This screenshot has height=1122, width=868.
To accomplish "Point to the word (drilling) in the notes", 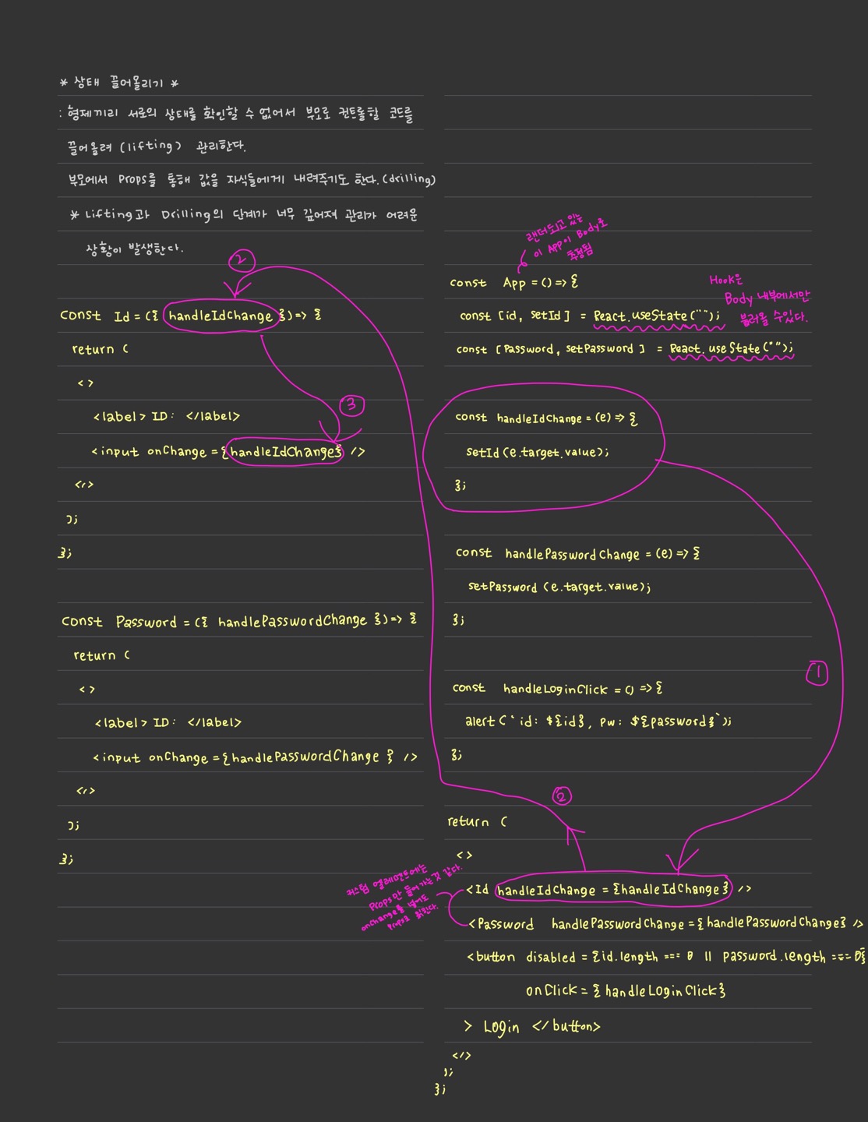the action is click(x=408, y=179).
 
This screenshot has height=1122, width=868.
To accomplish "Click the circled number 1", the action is click(x=817, y=673).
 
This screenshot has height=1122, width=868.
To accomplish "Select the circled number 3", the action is click(x=351, y=405).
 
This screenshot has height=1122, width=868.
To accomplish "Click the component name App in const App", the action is click(x=514, y=283).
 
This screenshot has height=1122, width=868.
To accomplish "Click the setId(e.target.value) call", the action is click(x=537, y=452).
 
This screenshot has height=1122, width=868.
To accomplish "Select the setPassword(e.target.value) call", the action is click(x=559, y=587).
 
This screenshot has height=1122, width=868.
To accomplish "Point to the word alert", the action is click(x=479, y=722).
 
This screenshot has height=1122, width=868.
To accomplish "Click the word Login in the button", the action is click(x=501, y=1027).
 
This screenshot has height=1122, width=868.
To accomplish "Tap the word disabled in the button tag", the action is click(x=550, y=957).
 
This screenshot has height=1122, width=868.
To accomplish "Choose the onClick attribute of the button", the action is click(x=551, y=990).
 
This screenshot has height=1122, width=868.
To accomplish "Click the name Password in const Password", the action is click(x=146, y=622).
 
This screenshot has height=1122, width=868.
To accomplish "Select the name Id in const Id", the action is click(x=122, y=316).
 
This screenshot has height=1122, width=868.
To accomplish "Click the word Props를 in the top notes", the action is click(x=137, y=180).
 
